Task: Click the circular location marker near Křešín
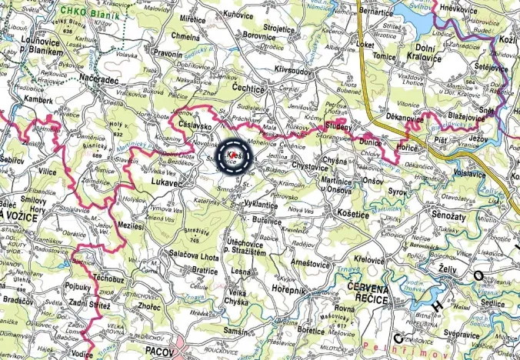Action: pyautogui.click(x=235, y=157)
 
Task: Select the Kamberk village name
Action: pyautogui.click(x=38, y=99)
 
